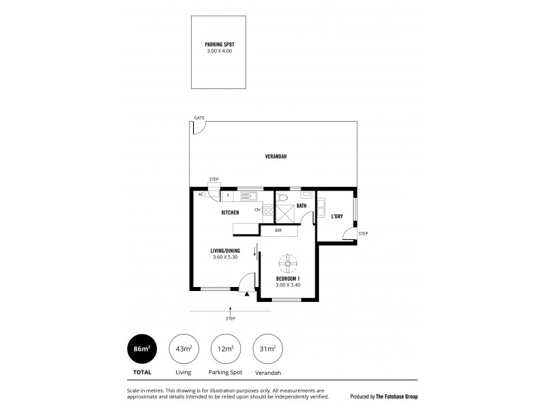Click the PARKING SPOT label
(x=219, y=44)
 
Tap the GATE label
(x=199, y=118)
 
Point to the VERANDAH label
(x=275, y=156)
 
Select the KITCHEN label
(x=229, y=213)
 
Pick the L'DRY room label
(x=337, y=216)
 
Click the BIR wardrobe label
(x=278, y=231)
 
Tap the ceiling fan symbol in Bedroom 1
(x=288, y=260)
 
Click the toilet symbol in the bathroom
(x=285, y=198)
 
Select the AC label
(x=201, y=194)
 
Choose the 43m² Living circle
(x=182, y=349)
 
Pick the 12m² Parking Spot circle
(x=224, y=349)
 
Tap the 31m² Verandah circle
(x=267, y=349)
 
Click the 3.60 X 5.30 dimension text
(x=224, y=256)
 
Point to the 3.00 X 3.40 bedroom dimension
(x=288, y=284)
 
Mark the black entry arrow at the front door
(x=247, y=294)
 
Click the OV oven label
(x=258, y=209)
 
